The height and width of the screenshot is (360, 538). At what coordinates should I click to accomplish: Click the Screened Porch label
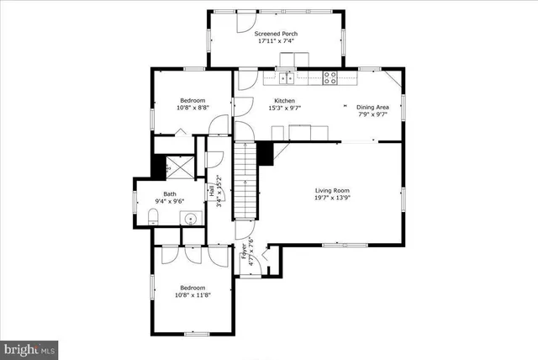click(x=276, y=34)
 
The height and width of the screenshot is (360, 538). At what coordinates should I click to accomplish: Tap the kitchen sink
click(x=288, y=77)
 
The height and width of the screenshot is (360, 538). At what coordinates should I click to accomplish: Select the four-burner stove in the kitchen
click(x=330, y=77)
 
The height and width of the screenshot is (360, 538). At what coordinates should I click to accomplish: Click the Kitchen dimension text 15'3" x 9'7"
click(x=282, y=108)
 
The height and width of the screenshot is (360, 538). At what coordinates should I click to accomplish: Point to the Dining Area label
click(x=372, y=108)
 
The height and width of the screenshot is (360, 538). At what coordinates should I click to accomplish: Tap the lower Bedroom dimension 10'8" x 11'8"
click(x=192, y=295)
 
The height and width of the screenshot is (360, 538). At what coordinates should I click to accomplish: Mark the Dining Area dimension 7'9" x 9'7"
click(x=372, y=116)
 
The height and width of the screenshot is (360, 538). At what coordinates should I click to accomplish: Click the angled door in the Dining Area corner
click(x=393, y=82)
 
